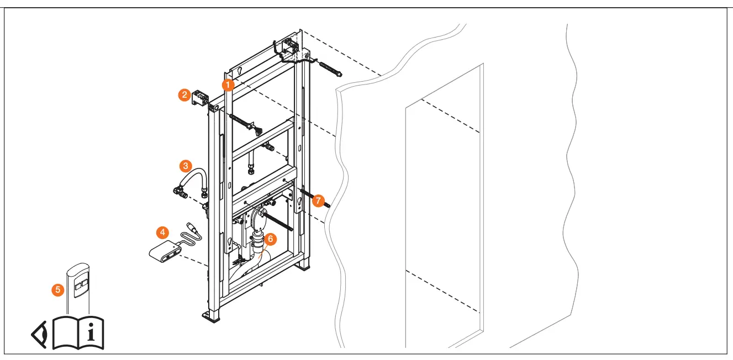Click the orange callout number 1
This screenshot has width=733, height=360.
tap(228, 85)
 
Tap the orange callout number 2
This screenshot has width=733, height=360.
tap(184, 95)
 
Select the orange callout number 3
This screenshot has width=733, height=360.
tap(186, 166)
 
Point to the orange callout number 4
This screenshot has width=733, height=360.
tap(162, 232)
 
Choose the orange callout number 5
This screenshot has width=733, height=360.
tap(58, 290)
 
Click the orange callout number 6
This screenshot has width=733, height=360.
tap(270, 239)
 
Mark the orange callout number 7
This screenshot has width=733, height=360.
tap(318, 201)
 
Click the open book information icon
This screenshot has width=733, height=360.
tap(78, 332)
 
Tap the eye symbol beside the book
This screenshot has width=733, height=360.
tap(39, 335)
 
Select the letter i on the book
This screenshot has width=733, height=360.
tap(91, 332)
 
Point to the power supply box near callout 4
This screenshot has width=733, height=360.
tap(165, 251)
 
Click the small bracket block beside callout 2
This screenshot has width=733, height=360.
tap(200, 98)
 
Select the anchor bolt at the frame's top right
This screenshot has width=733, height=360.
tap(330, 69)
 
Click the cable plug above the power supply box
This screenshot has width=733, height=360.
tap(192, 227)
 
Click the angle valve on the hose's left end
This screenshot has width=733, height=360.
tap(180, 192)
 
